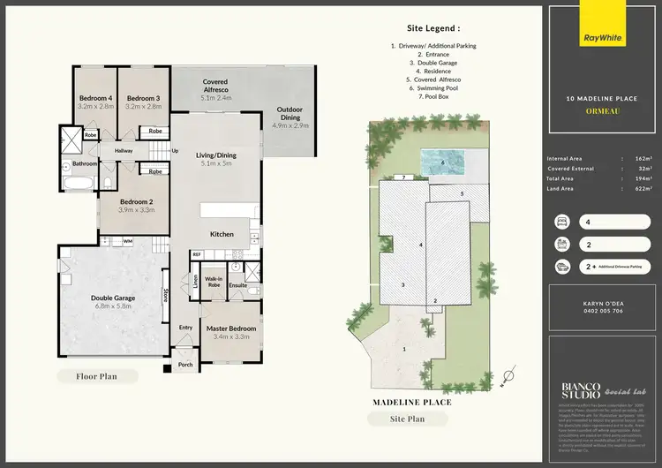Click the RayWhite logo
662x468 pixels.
click(x=601, y=39)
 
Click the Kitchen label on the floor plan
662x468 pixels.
click(x=222, y=234)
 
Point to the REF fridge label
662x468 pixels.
click(x=197, y=254)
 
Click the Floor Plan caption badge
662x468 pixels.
click(x=97, y=376)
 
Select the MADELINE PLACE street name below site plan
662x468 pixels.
click(x=414, y=402)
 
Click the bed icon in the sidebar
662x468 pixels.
click(x=560, y=222)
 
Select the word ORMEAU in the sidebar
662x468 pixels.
click(x=600, y=111)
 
